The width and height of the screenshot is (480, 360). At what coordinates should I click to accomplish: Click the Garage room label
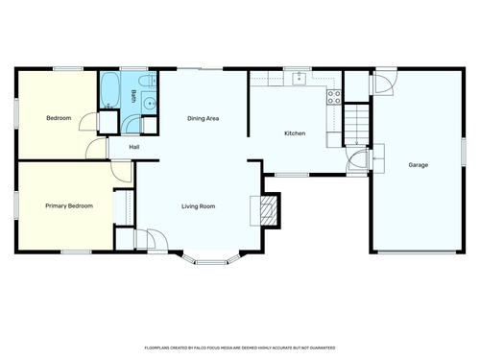(419, 165)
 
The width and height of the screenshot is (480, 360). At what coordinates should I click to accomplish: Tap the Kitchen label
(295, 133)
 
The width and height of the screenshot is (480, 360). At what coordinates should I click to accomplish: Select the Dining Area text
(204, 119)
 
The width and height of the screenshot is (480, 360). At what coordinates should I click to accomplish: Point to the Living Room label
(199, 206)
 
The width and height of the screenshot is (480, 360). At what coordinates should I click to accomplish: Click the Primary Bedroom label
(69, 205)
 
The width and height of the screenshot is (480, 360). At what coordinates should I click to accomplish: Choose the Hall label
(134, 147)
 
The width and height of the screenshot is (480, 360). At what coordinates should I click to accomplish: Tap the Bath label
(133, 96)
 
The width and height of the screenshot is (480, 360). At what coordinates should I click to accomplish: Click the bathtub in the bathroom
(110, 90)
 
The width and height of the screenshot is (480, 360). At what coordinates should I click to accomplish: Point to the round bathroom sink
(149, 104)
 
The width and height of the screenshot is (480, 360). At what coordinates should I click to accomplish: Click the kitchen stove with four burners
(334, 97)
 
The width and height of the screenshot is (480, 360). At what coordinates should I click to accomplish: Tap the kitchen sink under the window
(299, 78)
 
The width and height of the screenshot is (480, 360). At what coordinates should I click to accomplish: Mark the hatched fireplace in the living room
(268, 210)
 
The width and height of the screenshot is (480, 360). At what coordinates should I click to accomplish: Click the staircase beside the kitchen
(356, 124)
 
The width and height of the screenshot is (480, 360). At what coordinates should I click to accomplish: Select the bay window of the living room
(211, 259)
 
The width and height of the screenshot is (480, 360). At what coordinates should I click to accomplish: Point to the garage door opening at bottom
(417, 252)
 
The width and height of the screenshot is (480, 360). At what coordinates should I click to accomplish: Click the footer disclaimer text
(240, 348)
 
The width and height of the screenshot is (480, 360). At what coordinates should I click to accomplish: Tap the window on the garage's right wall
(464, 152)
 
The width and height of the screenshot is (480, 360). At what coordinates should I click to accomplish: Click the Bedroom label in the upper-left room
(59, 118)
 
